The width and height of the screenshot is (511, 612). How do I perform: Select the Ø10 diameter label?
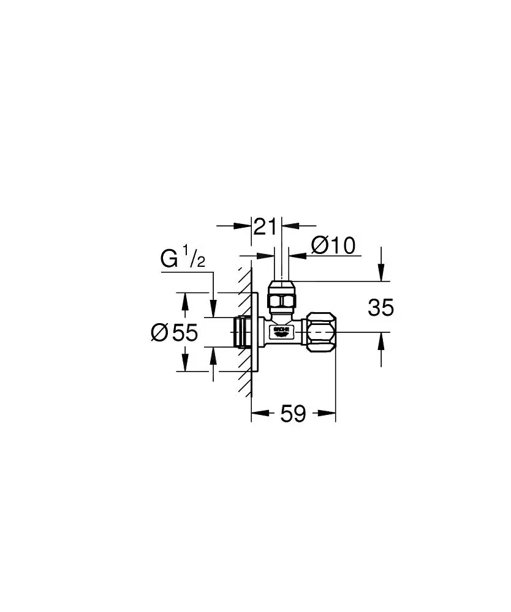[x=333, y=246]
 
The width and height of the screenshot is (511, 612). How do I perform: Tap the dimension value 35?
[x=380, y=308]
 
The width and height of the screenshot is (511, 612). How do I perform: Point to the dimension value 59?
[x=293, y=414]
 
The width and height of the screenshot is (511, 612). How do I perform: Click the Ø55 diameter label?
[x=175, y=332]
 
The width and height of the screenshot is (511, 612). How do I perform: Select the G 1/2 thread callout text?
[x=183, y=259]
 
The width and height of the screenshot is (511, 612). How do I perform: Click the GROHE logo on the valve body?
[x=281, y=331]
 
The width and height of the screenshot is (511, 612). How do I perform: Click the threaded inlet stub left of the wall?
[x=241, y=332]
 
